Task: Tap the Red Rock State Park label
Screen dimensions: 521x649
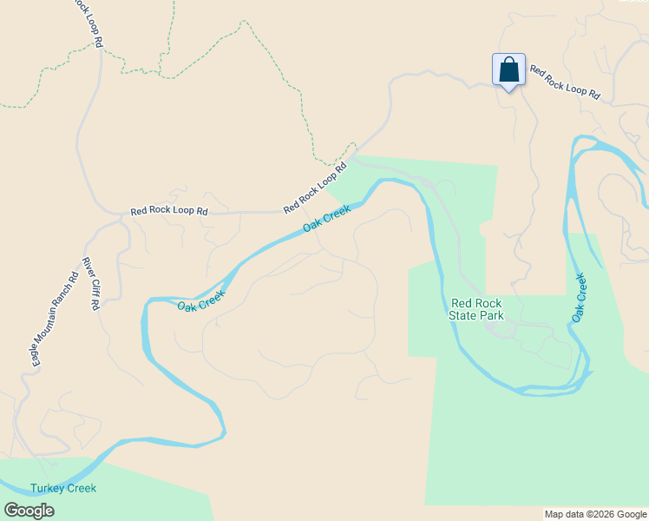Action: point(475,309)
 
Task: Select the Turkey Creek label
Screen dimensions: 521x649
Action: point(63,488)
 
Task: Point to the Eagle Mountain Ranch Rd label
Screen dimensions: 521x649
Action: point(55,318)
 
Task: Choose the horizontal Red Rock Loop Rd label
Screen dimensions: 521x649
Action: point(169,211)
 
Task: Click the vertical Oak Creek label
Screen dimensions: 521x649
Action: point(579,299)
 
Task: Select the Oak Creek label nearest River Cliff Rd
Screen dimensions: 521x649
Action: point(201,300)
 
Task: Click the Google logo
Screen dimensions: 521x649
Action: point(29,511)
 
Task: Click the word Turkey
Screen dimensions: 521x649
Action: point(47,488)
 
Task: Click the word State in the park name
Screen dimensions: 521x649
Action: point(463,315)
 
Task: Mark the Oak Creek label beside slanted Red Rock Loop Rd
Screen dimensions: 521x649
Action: point(327,219)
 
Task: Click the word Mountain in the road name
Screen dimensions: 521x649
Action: point(53,320)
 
